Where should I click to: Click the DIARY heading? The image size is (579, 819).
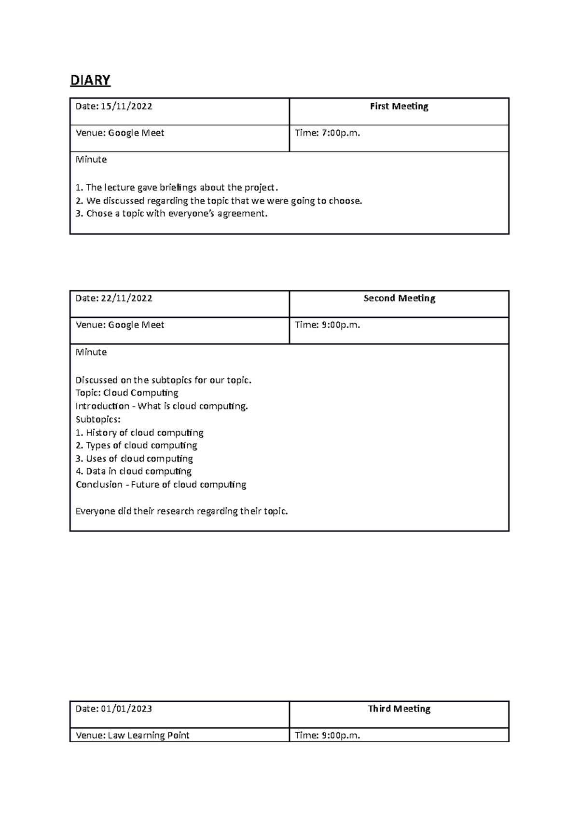pos(90,80)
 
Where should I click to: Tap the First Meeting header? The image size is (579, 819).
pos(399,107)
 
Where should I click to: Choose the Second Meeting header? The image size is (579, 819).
pos(399,299)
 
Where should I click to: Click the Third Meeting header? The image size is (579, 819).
pos(399,709)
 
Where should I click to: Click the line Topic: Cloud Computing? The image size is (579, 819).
pos(127,393)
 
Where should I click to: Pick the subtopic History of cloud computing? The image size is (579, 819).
pos(139,433)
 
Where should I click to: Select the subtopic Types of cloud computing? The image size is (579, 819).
pos(137,446)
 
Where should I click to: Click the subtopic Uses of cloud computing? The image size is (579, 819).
pos(134,459)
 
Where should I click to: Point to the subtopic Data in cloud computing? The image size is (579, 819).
pos(134,472)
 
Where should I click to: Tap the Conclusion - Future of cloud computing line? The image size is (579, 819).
pos(161,485)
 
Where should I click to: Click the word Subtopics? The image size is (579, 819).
pos(98,420)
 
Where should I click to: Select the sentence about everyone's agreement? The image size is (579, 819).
pos(171,214)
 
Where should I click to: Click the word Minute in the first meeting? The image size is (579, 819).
pos(91,160)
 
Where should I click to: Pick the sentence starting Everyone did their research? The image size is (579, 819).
pos(181,511)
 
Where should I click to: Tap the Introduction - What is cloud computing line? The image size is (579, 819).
pos(162,406)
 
